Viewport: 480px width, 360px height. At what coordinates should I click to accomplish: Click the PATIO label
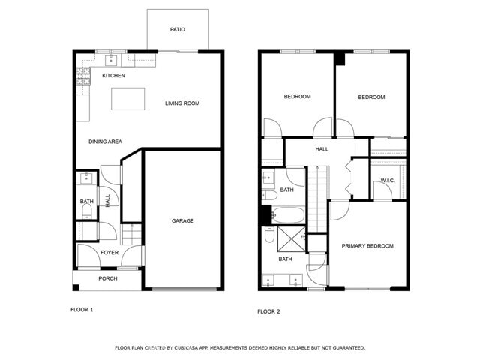click(x=177, y=30)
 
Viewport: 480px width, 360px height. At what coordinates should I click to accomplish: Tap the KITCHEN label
click(x=113, y=76)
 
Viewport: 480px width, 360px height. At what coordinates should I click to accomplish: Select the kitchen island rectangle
click(x=127, y=98)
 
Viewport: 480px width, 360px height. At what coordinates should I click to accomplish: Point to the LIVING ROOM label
click(x=182, y=103)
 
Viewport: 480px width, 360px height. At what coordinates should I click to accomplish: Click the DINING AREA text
click(x=105, y=142)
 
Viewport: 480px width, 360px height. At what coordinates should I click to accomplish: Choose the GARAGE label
click(x=183, y=221)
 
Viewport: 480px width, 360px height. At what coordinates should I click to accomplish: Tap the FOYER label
click(x=109, y=253)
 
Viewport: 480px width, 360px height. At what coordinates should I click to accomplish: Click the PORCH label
click(x=108, y=279)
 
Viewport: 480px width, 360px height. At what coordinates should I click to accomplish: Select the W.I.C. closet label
click(x=388, y=181)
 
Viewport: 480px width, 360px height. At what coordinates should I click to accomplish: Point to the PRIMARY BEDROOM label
click(x=367, y=246)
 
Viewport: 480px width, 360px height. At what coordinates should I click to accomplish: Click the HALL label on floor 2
click(x=322, y=149)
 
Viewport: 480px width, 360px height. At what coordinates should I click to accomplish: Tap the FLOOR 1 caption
click(x=82, y=309)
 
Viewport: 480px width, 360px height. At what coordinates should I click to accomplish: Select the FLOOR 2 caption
click(x=268, y=311)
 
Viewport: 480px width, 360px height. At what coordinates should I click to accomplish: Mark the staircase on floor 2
click(x=319, y=196)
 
